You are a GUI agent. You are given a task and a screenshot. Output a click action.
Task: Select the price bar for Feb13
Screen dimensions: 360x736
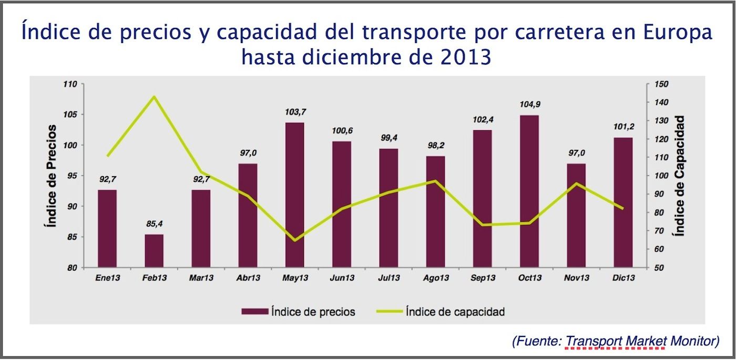(x=154, y=251)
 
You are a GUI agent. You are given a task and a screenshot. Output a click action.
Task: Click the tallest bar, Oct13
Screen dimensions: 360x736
(x=529, y=191)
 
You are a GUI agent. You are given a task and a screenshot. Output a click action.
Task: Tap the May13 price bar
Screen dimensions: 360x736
(x=295, y=195)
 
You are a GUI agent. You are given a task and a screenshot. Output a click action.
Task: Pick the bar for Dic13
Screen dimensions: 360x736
(x=623, y=202)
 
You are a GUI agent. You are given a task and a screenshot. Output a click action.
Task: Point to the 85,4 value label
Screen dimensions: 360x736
(x=154, y=224)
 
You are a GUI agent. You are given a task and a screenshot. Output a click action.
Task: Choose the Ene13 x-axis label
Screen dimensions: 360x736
(x=108, y=277)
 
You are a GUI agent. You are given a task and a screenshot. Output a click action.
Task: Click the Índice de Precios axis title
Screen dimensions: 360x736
(x=52, y=176)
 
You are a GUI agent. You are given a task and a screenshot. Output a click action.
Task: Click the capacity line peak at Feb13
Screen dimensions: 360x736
(x=154, y=97)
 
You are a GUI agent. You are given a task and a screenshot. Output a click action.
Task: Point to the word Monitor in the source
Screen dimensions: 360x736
(x=694, y=341)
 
